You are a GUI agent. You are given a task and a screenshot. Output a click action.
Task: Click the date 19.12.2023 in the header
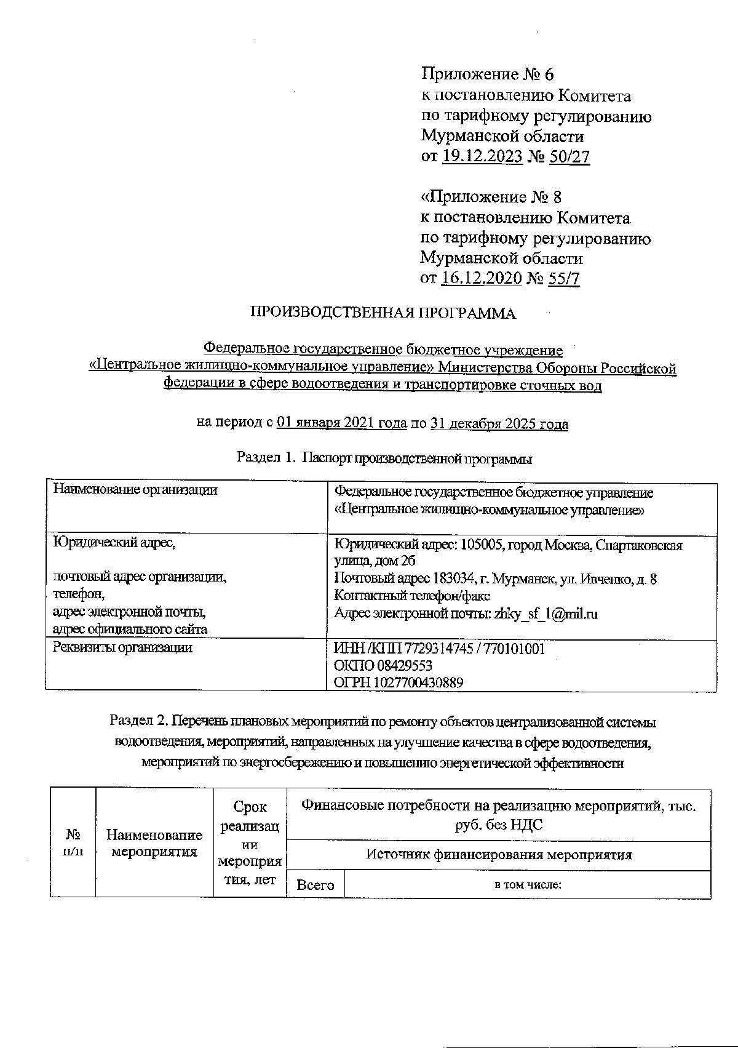482,157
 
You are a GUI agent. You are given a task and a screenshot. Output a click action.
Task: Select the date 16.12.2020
482,279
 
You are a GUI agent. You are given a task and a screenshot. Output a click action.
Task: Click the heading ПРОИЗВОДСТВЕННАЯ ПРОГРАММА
383,314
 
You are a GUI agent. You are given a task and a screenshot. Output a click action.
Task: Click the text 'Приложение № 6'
487,74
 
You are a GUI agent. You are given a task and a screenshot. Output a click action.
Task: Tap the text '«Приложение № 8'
490,197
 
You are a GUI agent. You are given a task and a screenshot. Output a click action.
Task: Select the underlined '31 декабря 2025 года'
499,423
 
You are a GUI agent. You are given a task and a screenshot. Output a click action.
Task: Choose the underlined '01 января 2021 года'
341,423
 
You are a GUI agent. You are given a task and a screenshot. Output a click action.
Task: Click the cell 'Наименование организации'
135,490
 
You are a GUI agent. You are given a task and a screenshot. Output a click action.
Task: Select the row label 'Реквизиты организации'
123,647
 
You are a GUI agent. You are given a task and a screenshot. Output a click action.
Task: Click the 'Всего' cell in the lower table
315,885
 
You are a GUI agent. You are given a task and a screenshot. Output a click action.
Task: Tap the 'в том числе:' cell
528,885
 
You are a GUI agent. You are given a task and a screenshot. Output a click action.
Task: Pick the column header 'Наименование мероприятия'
154,843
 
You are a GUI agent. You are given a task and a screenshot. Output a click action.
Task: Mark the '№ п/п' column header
73,843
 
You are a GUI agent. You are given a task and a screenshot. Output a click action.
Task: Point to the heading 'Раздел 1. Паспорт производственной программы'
384,459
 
